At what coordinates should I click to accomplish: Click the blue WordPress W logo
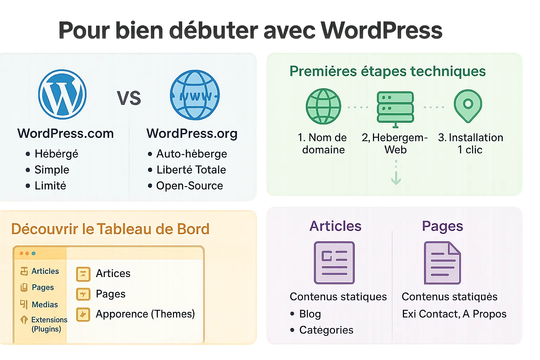point(63,94)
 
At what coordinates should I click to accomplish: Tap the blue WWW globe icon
point(195,95)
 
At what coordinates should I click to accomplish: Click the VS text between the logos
point(129,98)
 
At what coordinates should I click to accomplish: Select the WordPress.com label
point(65,134)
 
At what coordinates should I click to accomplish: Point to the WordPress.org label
point(192,134)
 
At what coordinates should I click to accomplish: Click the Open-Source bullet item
point(189,186)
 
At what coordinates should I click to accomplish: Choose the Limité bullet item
point(50,186)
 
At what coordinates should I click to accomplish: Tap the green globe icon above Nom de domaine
point(323,106)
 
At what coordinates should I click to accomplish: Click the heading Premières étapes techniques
point(387,71)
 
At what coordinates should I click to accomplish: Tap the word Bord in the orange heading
point(193,229)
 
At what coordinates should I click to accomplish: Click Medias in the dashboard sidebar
point(45,304)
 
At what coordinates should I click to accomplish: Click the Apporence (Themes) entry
point(145,314)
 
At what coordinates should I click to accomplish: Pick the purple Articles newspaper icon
point(334,263)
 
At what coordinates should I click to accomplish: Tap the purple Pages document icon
point(442,263)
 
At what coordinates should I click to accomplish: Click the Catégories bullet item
point(326,330)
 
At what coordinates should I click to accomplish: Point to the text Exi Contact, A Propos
point(454,314)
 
